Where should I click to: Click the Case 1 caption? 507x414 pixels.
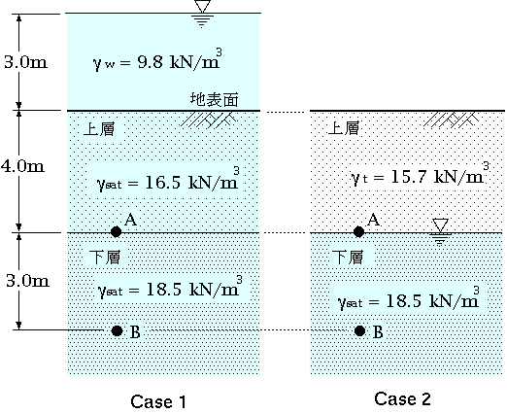(x=158, y=401)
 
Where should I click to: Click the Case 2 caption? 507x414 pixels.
(x=402, y=398)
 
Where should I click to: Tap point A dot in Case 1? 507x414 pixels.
(x=116, y=231)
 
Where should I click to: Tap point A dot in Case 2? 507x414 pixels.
(x=358, y=231)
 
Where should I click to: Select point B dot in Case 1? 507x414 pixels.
(x=117, y=330)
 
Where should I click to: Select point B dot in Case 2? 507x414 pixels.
(x=359, y=330)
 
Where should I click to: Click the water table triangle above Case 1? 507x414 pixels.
(x=203, y=6)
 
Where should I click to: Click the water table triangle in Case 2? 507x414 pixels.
(x=440, y=225)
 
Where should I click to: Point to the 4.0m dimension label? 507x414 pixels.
(x=22, y=166)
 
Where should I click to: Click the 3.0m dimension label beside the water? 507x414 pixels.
(x=25, y=61)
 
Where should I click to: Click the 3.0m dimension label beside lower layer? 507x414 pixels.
(x=27, y=281)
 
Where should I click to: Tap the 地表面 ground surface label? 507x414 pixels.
(x=215, y=99)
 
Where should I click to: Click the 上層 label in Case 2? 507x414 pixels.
(x=344, y=128)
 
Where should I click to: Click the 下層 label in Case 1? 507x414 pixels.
(x=105, y=257)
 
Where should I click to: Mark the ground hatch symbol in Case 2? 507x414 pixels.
(x=451, y=120)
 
